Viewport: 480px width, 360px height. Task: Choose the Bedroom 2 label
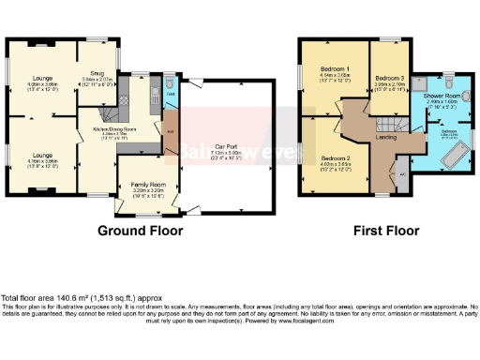[x=335, y=158]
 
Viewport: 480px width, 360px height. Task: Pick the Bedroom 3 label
[x=388, y=77]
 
